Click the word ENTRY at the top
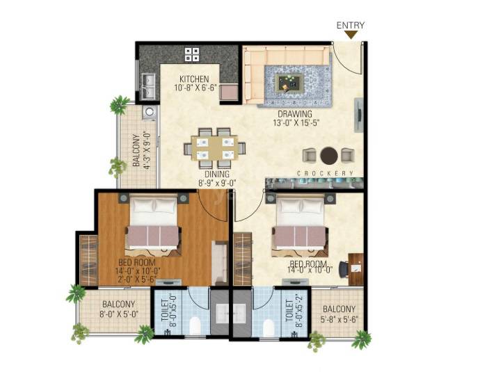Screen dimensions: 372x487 click(x=351, y=26)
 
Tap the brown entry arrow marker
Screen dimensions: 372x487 click(x=351, y=35)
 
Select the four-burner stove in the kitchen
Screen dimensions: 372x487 click(x=192, y=54)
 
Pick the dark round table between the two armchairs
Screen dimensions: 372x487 click(x=329, y=154)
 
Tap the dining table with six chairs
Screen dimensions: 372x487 click(x=214, y=146)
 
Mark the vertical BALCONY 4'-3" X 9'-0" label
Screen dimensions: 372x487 click(x=141, y=151)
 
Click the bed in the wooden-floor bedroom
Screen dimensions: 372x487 click(x=152, y=224)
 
